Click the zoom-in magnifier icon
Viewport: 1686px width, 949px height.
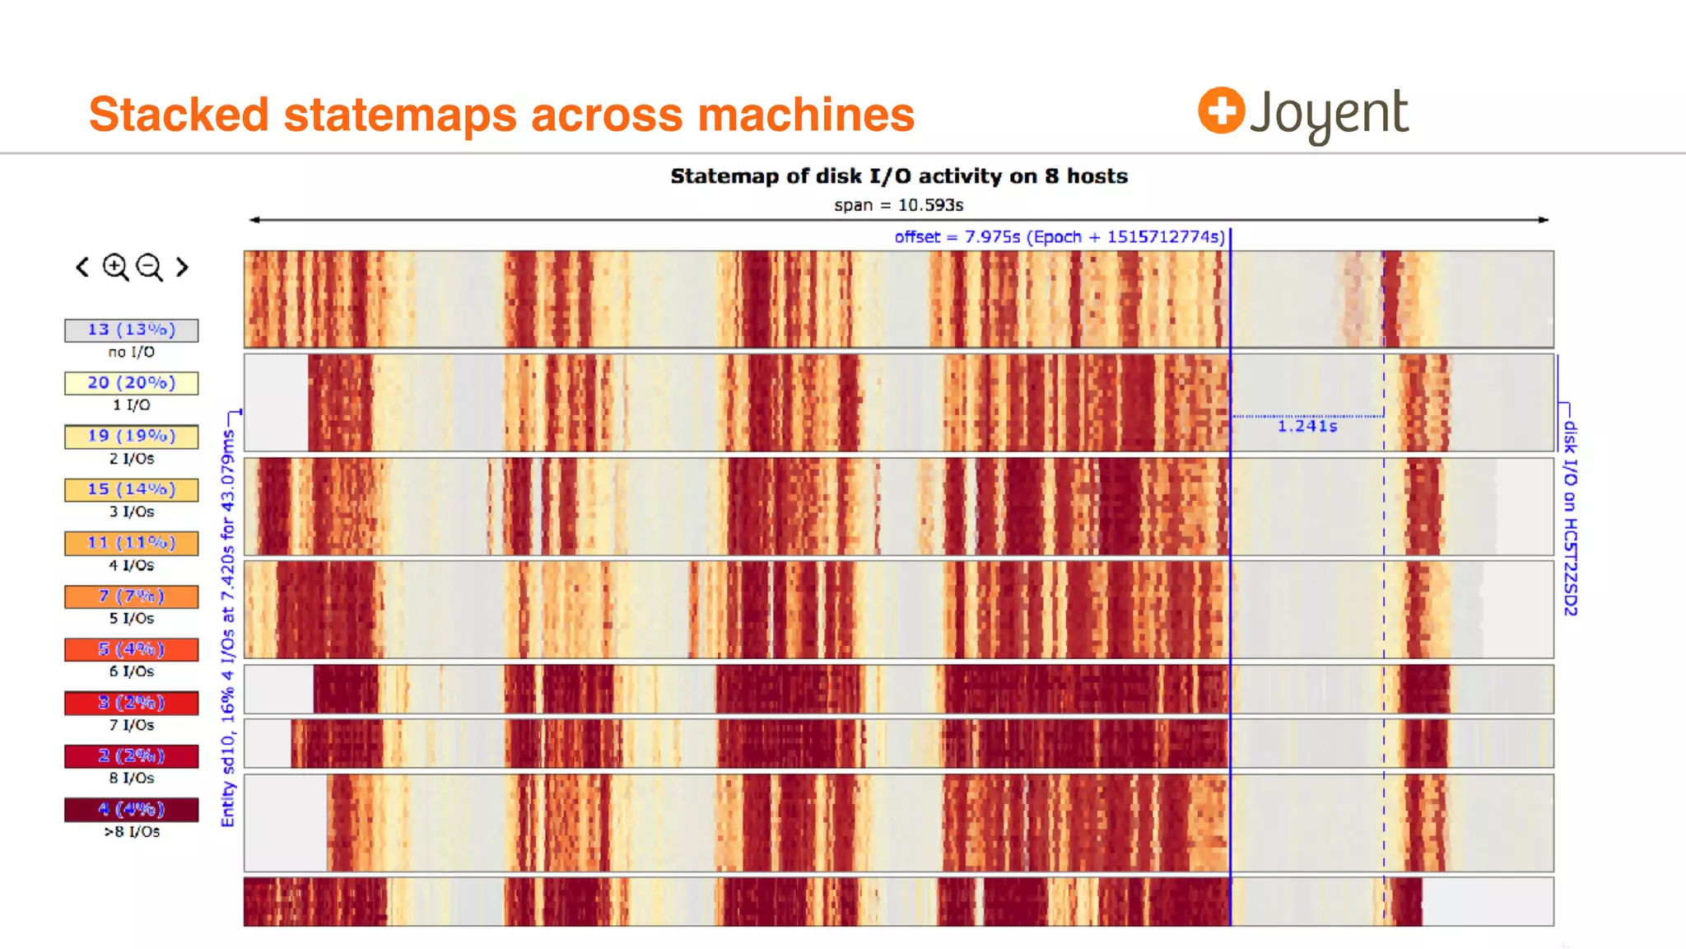114,267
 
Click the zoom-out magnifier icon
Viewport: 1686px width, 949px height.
149,267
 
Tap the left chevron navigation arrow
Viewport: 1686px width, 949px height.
82,267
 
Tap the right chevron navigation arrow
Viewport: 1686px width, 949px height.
182,267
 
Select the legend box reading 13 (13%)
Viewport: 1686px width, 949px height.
132,330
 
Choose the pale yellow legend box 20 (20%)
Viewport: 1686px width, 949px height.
132,383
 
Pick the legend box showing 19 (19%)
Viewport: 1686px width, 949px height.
132,437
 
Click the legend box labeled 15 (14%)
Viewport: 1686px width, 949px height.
132,490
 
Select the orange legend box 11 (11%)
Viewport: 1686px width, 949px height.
132,543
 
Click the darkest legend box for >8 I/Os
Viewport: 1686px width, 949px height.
132,810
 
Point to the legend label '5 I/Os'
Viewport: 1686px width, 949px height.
132,619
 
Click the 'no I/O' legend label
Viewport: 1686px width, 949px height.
132,353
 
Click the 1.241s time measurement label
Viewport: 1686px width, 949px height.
1307,427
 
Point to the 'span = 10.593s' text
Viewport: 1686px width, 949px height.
898,205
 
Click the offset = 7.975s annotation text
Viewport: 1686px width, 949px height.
1059,237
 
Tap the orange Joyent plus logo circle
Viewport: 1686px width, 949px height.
1221,110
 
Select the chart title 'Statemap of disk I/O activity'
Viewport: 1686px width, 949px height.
898,176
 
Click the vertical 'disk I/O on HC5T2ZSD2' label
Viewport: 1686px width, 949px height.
1570,518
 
